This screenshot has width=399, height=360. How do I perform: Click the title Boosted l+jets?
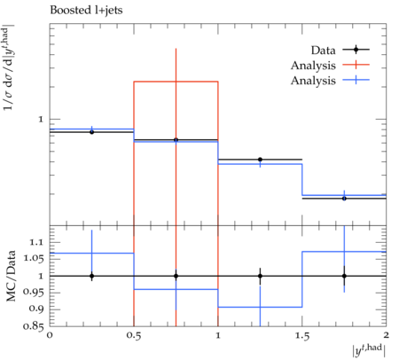86,11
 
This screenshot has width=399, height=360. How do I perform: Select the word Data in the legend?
323,51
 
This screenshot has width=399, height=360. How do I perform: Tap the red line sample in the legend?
356,65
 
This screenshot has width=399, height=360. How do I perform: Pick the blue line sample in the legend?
356,80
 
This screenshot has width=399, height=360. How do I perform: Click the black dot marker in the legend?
356,50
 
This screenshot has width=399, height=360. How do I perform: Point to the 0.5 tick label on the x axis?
134,335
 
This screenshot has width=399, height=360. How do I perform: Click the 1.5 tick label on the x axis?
302,335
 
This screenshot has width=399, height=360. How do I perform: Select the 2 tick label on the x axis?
386,335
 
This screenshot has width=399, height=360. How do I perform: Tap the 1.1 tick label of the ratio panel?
36,242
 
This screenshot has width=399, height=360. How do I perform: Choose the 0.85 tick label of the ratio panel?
34,326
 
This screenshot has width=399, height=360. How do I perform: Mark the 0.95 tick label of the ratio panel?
34,293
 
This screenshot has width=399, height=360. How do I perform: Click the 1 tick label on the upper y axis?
41,119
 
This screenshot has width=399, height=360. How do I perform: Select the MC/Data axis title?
11,276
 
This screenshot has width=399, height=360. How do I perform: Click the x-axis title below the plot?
369,350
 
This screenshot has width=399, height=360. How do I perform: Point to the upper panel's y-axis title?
9,67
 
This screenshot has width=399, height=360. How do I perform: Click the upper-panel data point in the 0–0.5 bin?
91,132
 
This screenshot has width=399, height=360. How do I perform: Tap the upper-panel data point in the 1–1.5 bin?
260,160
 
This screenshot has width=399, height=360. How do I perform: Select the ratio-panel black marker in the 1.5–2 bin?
344,276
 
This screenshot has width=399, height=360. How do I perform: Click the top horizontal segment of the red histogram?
176,82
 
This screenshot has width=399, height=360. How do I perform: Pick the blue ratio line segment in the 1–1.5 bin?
260,307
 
